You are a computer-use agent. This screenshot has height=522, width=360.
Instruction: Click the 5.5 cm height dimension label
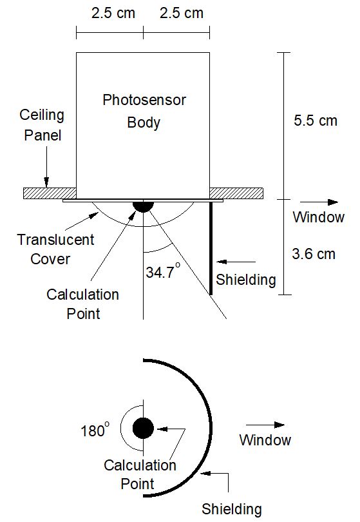(316, 121)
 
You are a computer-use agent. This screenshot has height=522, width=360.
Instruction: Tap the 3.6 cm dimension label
(314, 254)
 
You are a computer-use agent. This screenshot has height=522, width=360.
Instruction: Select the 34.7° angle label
(163, 271)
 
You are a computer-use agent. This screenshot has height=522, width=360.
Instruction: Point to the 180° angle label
(95, 430)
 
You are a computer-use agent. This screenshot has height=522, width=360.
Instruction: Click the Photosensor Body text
(144, 111)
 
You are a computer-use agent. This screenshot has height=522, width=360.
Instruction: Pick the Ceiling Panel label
(42, 125)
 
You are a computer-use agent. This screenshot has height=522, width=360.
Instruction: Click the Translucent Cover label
(55, 249)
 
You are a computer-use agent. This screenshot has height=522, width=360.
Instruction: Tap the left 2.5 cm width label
(113, 14)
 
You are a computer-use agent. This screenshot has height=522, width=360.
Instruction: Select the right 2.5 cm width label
(182, 14)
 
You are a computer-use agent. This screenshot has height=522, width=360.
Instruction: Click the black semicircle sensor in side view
(144, 206)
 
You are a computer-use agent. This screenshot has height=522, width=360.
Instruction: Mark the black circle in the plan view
(144, 428)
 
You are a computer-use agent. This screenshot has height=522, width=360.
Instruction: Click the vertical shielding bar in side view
(211, 248)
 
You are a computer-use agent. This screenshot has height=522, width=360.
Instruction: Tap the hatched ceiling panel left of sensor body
(50, 193)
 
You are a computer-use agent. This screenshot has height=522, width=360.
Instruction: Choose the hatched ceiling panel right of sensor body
(236, 193)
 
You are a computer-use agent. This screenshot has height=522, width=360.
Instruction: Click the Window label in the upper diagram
(318, 217)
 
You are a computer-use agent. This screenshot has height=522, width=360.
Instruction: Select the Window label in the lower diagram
(265, 440)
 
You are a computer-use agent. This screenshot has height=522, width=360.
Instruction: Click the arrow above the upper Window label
(319, 202)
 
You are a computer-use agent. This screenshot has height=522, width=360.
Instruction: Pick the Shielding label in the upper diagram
(246, 280)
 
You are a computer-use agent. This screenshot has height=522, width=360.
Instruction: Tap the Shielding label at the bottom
(232, 509)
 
